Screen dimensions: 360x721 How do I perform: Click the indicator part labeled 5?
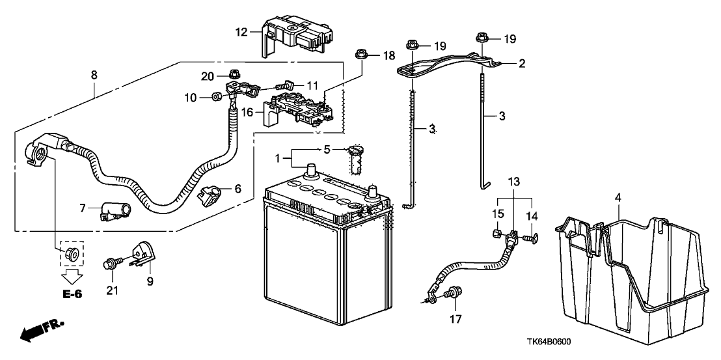click(x=355, y=158)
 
